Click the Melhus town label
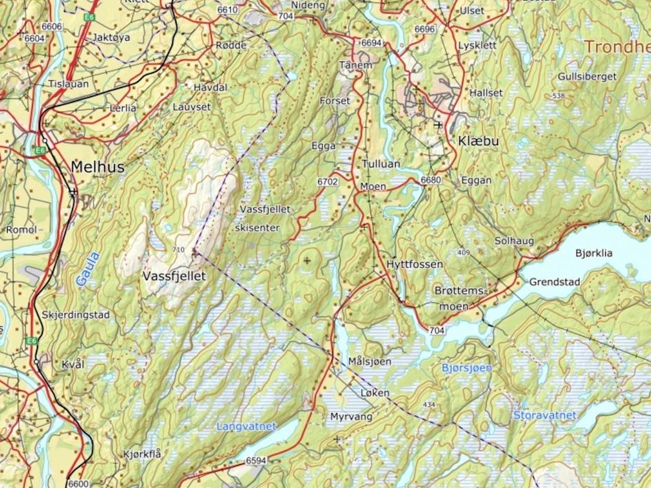click(98, 167)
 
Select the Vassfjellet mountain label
click(174, 276)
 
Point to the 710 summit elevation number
click(179, 250)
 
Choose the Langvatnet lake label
click(246, 426)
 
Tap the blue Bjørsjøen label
click(466, 367)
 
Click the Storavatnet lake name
click(545, 415)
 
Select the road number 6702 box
click(329, 181)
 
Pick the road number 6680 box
click(430, 180)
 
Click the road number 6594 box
click(256, 461)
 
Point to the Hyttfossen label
click(415, 264)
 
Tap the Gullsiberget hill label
click(586, 76)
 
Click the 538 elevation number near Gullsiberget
click(558, 96)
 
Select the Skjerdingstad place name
click(76, 315)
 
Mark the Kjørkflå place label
click(142, 454)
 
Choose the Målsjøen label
click(370, 361)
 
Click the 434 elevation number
click(429, 405)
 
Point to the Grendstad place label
click(554, 282)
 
